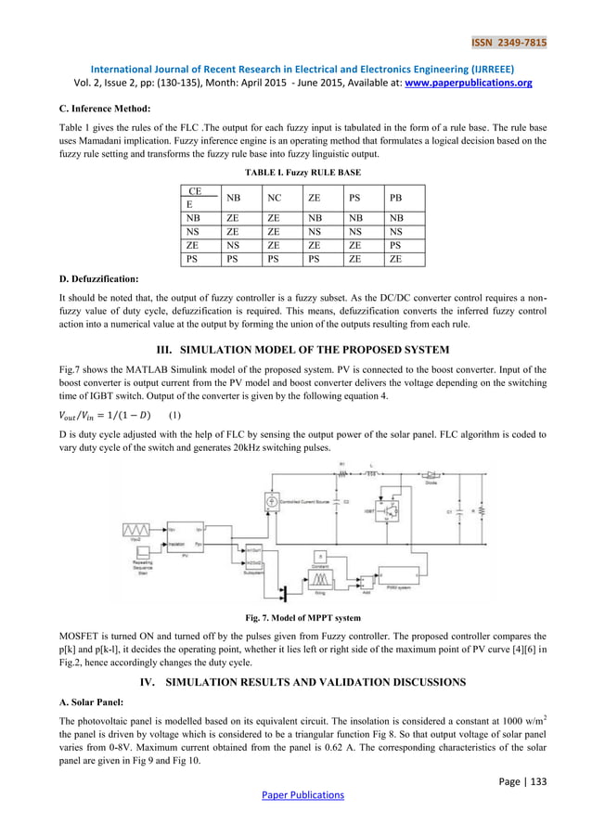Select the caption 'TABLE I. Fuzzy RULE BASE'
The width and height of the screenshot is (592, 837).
click(x=296, y=173)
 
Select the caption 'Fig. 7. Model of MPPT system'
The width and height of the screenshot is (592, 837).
click(x=296, y=617)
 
